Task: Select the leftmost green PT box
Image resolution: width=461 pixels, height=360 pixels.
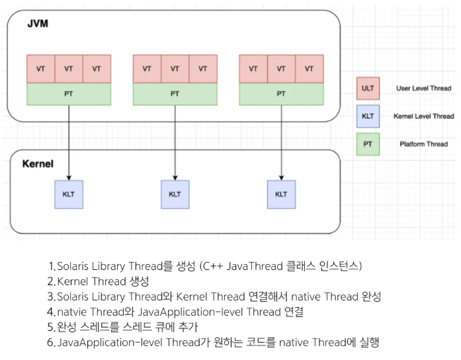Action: pos(69,94)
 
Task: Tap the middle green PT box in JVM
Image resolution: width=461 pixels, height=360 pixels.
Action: pos(175,94)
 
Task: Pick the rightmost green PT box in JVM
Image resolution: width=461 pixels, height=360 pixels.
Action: pos(281,94)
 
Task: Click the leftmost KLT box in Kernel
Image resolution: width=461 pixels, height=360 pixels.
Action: pos(69,194)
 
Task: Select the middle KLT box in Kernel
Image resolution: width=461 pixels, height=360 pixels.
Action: pos(175,194)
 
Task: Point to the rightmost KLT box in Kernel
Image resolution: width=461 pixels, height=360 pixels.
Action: pos(281,194)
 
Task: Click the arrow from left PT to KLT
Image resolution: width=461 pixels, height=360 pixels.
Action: pos(69,142)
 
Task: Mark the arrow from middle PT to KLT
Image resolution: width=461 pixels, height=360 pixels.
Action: pos(175,142)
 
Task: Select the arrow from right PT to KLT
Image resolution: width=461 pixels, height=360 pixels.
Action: pos(281,142)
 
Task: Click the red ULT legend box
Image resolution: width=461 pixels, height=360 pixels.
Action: pos(367,88)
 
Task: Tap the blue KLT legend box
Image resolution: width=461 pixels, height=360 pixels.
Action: pos(367,116)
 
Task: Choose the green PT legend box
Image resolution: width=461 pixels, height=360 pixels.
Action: pos(367,144)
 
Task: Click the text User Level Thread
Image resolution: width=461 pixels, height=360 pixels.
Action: pos(423,88)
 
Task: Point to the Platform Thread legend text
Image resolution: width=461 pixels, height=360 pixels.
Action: pos(423,144)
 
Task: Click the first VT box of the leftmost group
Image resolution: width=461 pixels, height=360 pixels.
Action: pos(40,69)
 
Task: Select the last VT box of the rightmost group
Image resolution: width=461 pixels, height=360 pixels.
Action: pos(309,69)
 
